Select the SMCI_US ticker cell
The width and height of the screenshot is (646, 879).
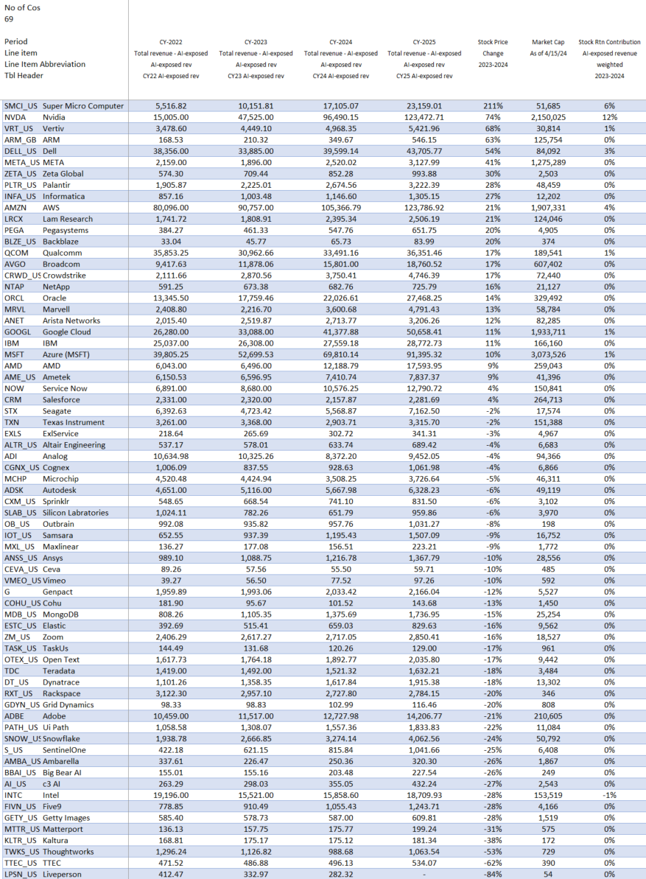[x=21, y=106]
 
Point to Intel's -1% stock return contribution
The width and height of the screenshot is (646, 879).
[x=608, y=795]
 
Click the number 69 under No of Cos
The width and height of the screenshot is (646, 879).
[x=10, y=19]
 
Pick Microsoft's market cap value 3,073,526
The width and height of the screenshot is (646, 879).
[x=546, y=354]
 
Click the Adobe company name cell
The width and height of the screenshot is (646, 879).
[x=55, y=716]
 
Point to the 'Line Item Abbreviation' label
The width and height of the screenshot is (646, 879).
[x=45, y=64]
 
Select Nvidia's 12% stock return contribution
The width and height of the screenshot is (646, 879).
[x=608, y=117]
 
